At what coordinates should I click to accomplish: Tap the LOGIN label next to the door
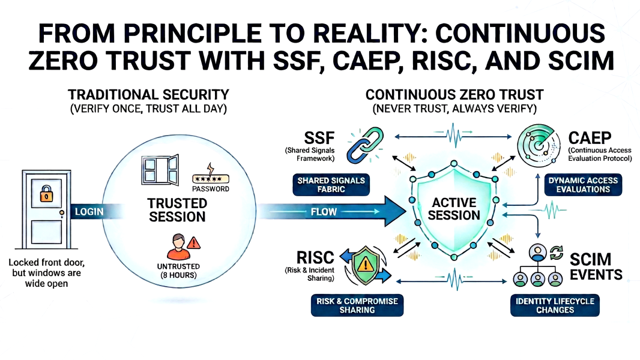(89, 212)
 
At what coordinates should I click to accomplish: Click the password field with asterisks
(211, 179)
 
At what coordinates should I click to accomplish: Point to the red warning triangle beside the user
(193, 243)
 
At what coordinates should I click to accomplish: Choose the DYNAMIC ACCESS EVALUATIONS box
(583, 185)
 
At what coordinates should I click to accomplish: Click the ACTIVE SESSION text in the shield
(454, 208)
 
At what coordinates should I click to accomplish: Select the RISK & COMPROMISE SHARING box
(357, 305)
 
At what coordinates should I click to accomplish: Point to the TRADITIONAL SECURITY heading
(148, 94)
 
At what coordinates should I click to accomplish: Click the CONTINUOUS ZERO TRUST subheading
(454, 94)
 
